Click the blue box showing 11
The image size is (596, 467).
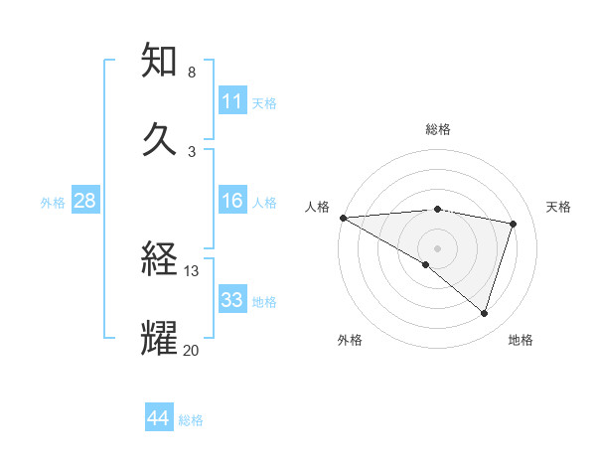(232, 101)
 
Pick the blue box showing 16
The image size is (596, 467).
(232, 201)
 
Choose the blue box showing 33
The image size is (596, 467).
(232, 300)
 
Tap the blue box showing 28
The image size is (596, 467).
(85, 201)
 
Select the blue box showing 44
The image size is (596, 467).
(159, 418)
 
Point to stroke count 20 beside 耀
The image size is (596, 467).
(192, 349)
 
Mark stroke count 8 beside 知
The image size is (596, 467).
(192, 73)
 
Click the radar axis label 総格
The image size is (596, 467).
(438, 129)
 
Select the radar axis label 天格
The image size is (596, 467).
(558, 207)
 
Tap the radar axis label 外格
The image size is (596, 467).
(350, 340)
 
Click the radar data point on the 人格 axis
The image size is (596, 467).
(343, 218)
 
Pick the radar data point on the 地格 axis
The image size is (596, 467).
(484, 313)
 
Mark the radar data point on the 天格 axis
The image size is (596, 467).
(513, 224)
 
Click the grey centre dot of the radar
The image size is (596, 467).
(437, 247)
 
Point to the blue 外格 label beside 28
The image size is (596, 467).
(53, 202)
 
